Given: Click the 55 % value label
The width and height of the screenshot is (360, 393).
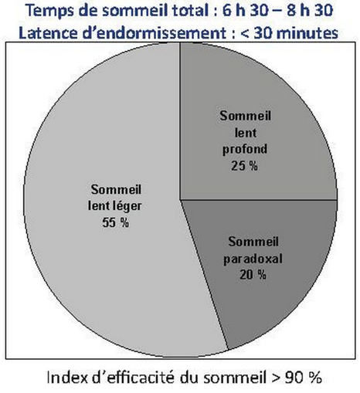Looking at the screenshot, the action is click(x=116, y=222).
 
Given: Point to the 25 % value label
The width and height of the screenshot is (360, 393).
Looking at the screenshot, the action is click(x=244, y=166).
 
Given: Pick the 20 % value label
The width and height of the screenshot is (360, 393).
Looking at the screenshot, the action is click(x=253, y=275).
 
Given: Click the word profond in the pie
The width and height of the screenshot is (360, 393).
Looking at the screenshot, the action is click(x=245, y=150).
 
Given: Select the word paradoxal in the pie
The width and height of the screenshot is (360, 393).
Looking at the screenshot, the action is click(x=253, y=259).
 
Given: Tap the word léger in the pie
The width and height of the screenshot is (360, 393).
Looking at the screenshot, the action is click(x=127, y=207).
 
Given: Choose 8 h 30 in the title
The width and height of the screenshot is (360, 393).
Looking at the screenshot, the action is click(x=310, y=10).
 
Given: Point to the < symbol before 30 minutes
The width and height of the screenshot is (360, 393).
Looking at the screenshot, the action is click(x=246, y=34).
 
